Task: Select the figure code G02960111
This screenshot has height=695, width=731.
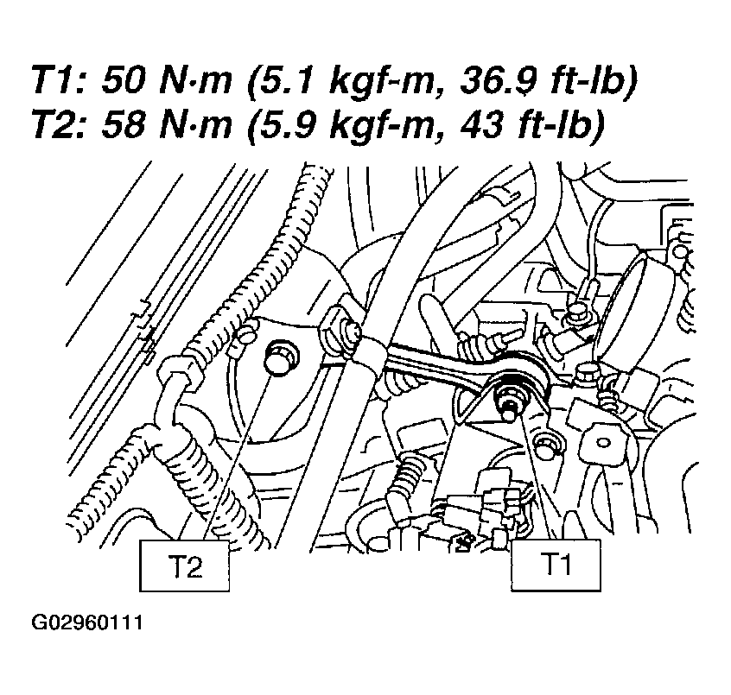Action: click(x=86, y=622)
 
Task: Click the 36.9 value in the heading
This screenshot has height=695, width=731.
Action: click(x=497, y=81)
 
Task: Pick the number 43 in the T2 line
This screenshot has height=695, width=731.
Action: click(x=480, y=125)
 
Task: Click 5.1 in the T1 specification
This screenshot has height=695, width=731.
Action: click(x=287, y=81)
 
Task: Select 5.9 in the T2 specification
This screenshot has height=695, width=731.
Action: click(x=287, y=125)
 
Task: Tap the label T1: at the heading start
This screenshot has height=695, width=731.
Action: click(x=61, y=81)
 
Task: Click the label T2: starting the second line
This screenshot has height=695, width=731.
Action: click(x=61, y=125)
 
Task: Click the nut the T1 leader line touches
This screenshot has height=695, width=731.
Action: click(x=512, y=396)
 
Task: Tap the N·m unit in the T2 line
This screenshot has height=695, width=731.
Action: click(x=196, y=125)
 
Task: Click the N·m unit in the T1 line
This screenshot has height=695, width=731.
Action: click(x=196, y=81)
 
